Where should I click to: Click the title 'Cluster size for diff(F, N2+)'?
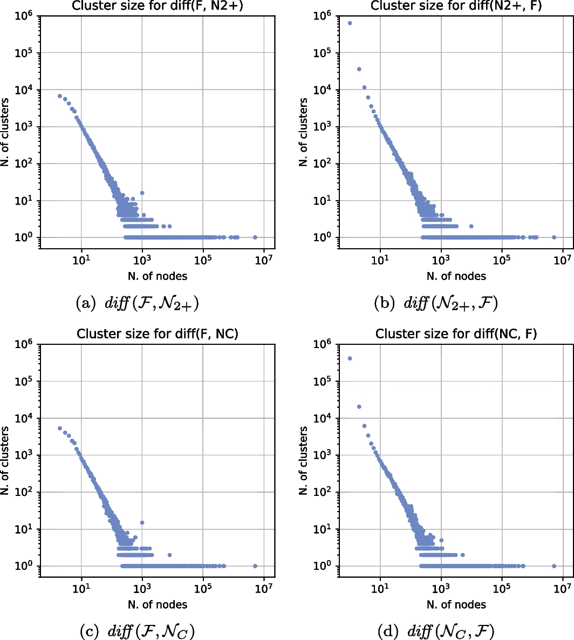(x=157, y=6)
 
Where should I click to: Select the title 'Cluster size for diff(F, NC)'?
(x=157, y=334)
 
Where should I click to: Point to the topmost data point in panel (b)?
(x=350, y=23)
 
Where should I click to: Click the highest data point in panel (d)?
(x=350, y=358)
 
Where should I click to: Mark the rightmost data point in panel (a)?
(x=255, y=237)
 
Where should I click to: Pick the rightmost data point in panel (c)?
(x=255, y=566)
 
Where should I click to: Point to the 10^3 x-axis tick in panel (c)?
(x=142, y=589)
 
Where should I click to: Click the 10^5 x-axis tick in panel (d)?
(x=502, y=589)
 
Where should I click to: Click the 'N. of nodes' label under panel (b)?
(x=456, y=276)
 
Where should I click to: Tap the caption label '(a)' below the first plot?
(x=86, y=304)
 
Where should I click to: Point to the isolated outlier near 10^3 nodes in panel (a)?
(x=142, y=193)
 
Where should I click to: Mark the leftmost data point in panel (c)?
(x=60, y=428)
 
